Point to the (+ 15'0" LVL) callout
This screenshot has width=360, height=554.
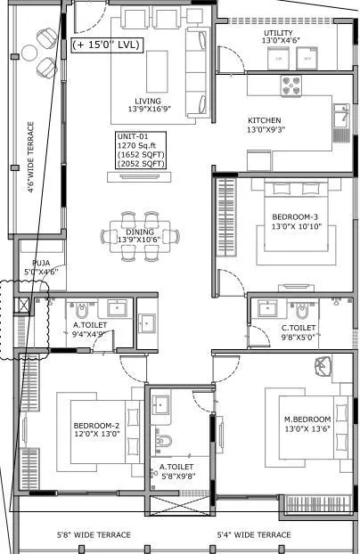coord(106,45)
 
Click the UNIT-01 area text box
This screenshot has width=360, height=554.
coord(135,151)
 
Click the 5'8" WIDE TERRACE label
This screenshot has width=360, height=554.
coord(94,534)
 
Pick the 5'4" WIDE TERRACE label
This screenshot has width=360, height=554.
coord(254,534)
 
